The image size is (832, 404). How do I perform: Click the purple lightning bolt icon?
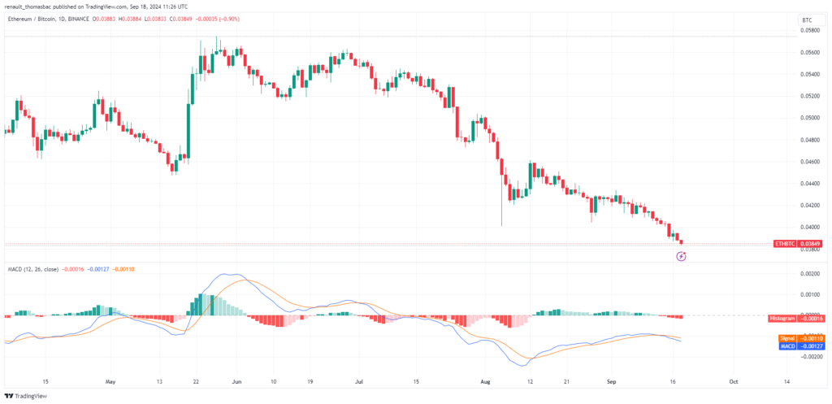tap(682, 256)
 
